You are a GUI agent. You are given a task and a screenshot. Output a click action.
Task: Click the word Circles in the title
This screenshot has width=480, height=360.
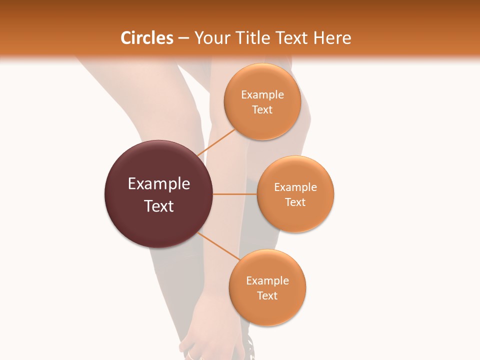[147, 38]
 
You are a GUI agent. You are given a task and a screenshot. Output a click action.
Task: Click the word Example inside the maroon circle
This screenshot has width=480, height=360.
[159, 184]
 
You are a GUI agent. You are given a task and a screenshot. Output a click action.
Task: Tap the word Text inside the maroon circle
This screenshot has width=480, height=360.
[159, 206]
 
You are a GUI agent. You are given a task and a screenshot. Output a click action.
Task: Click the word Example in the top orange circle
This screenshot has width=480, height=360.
[262, 95]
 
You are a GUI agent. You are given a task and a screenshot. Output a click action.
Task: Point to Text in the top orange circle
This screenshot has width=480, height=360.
[262, 110]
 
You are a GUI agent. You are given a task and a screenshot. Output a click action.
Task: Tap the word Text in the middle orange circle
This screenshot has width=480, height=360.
[295, 202]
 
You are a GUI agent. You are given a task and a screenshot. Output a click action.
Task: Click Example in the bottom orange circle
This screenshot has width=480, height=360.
[267, 281]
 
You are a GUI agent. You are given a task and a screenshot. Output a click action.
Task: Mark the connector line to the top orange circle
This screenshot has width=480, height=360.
[216, 142]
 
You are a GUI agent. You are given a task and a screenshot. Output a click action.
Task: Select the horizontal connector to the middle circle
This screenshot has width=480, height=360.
[234, 194]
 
